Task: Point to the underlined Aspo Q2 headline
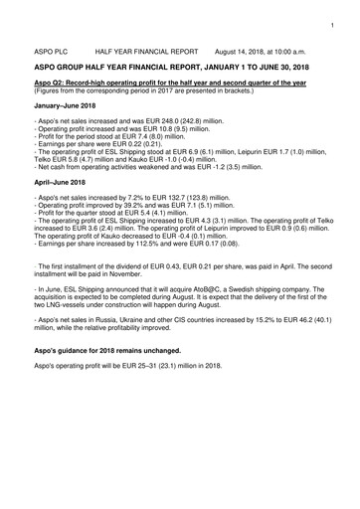point(179,83)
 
